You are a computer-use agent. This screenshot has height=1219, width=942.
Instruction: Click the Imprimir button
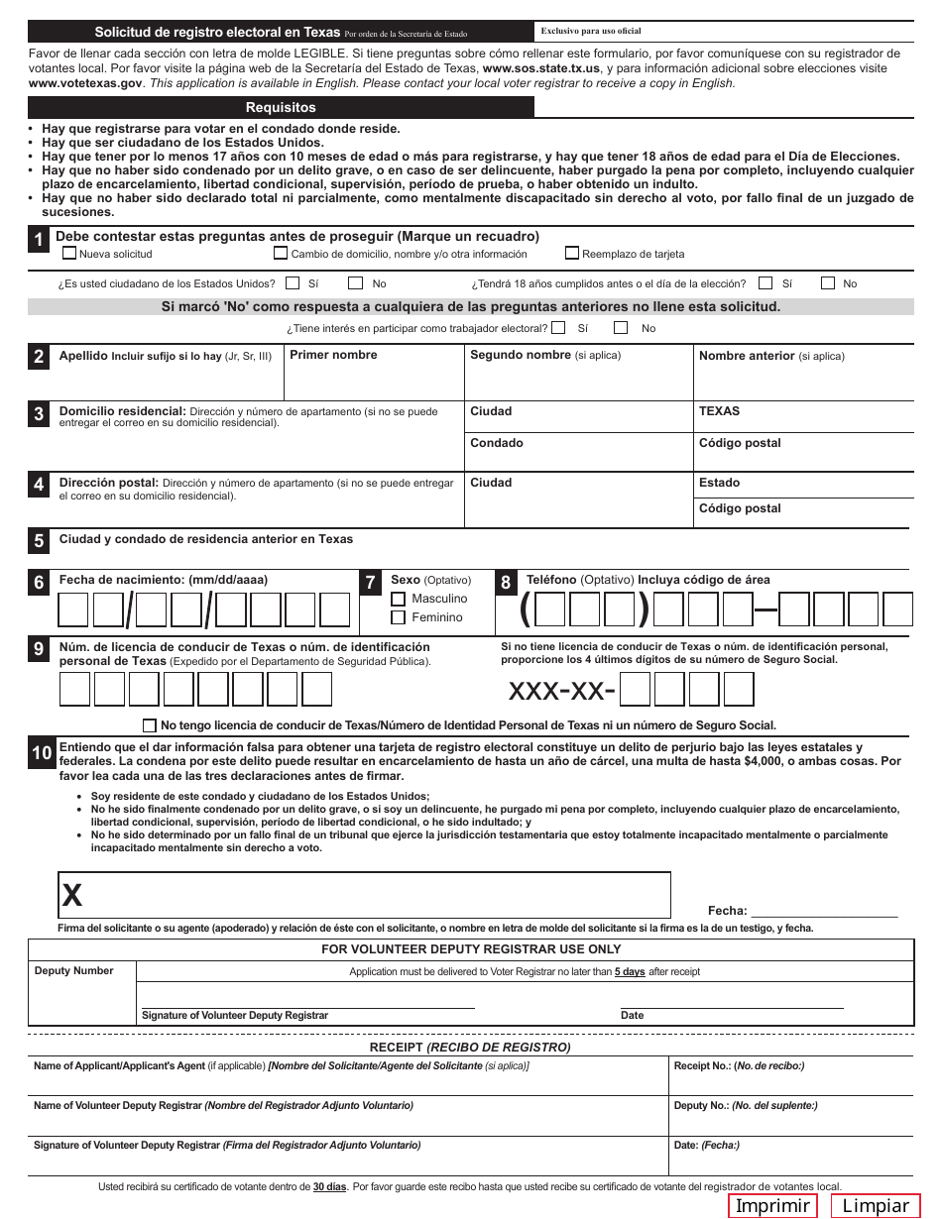(772, 1205)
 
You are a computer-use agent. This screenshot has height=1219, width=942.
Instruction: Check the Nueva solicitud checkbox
(69, 253)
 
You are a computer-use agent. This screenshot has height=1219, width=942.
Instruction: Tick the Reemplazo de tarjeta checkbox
(572, 253)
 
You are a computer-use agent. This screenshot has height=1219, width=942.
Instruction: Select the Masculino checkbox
(399, 599)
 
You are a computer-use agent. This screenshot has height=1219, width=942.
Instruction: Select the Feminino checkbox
(399, 617)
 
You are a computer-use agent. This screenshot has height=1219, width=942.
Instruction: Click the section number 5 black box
(39, 541)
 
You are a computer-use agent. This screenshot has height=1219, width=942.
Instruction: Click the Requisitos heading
(281, 107)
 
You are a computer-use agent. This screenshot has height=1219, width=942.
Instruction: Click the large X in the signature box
(72, 896)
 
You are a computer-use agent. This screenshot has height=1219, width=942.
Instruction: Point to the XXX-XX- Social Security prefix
(561, 689)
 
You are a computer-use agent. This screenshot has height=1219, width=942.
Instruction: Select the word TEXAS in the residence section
(719, 411)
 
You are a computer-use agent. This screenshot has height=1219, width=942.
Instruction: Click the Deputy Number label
(74, 971)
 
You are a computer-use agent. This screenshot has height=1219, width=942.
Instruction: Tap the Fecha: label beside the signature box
(727, 911)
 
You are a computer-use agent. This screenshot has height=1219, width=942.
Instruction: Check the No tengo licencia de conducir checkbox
(150, 724)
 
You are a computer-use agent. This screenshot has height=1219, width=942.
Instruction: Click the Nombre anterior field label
(747, 356)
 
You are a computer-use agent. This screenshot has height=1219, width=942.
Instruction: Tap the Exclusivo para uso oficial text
(591, 32)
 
